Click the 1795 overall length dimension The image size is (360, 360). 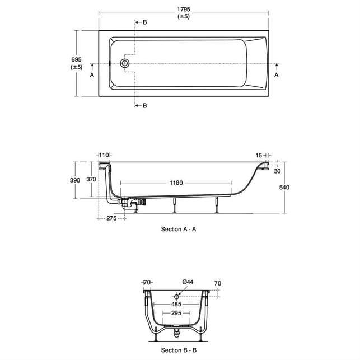click(x=184, y=10)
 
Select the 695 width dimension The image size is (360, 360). click(x=76, y=60)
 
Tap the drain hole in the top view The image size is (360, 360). click(x=125, y=63)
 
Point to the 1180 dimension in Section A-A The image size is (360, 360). click(x=176, y=183)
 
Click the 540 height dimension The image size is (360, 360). click(x=284, y=188)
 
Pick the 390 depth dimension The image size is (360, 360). click(x=75, y=180)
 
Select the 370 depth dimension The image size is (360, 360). click(x=91, y=179)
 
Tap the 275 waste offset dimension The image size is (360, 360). click(x=111, y=218)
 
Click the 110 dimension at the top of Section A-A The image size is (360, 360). click(x=104, y=155)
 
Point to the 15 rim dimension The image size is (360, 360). click(x=259, y=156)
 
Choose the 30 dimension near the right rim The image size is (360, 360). click(x=277, y=171)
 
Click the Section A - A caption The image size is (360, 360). click(x=179, y=229)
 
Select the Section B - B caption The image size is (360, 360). click(x=179, y=350)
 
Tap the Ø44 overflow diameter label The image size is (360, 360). click(x=188, y=282)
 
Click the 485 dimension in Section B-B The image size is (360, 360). click(x=176, y=304)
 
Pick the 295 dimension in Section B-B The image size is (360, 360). click(x=176, y=313)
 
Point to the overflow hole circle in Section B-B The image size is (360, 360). click(x=176, y=297)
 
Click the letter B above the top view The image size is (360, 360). click(x=144, y=22)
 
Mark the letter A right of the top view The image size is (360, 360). click(x=277, y=75)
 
